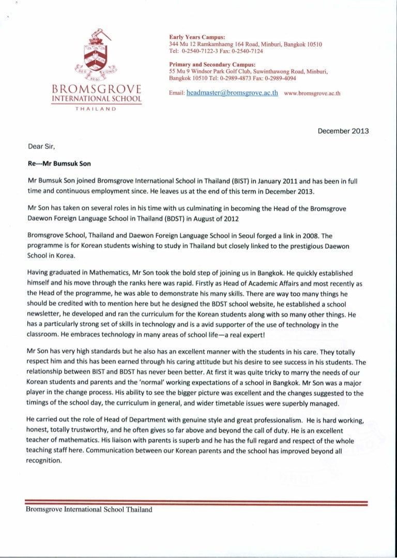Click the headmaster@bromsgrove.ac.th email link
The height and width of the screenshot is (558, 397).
232,93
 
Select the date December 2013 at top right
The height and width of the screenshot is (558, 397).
343,131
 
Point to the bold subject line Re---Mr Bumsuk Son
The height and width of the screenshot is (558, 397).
59,164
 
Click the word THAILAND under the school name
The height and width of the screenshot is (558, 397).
96,109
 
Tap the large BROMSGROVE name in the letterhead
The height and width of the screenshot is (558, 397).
96,89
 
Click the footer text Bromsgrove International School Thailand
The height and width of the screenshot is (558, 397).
89,509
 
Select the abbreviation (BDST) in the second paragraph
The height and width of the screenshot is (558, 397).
158,217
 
